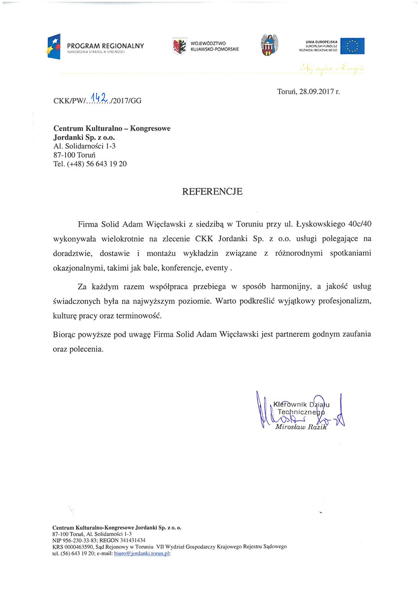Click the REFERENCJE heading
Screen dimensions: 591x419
(212, 192)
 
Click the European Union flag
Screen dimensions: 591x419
(352, 46)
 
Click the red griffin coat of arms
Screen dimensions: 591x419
(179, 46)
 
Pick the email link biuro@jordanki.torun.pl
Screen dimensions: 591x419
(141, 553)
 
